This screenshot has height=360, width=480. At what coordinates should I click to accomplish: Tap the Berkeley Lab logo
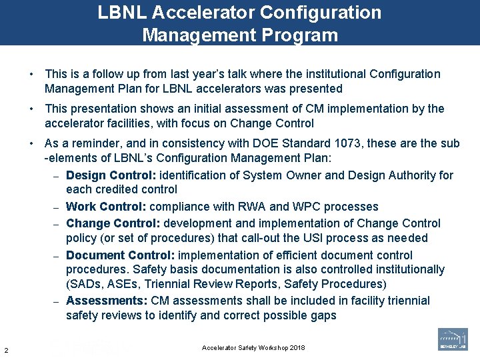coord(453,339)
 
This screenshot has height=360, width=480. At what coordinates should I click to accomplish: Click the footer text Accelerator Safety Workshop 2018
coord(253,349)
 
